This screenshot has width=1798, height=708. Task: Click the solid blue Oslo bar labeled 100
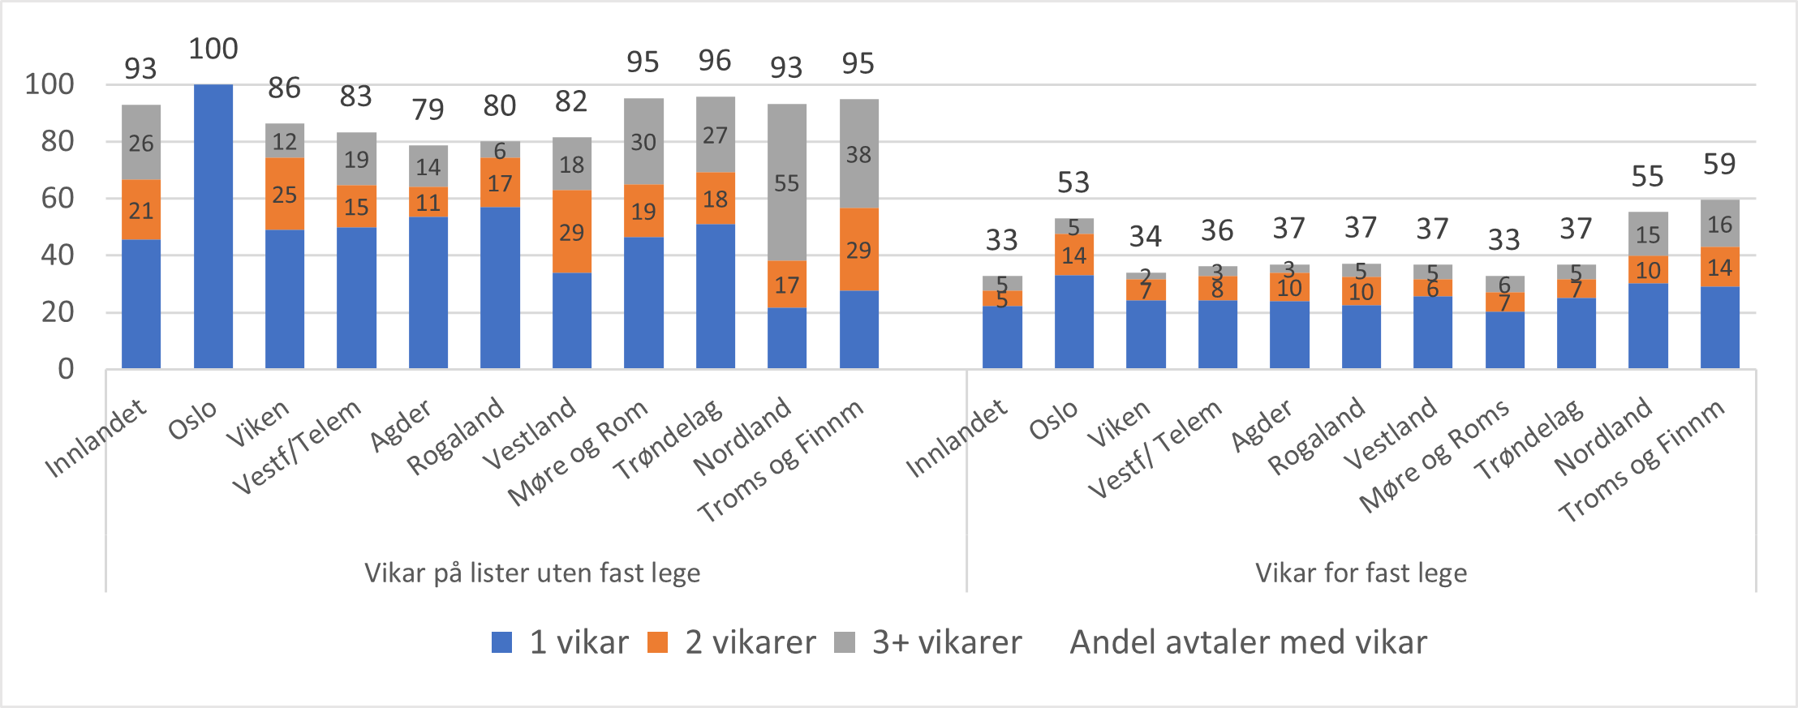click(x=213, y=227)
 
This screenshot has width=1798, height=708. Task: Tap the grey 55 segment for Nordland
click(x=786, y=182)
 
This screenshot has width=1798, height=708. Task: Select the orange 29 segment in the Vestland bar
click(x=571, y=232)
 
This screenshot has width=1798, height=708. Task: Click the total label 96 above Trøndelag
click(x=715, y=61)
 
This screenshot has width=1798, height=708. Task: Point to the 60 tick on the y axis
click(x=57, y=198)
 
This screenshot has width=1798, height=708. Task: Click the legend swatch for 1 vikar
click(x=502, y=642)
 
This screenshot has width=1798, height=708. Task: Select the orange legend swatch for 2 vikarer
click(x=657, y=642)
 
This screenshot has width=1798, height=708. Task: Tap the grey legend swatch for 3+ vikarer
click(x=845, y=642)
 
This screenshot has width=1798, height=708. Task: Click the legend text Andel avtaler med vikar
click(x=1248, y=642)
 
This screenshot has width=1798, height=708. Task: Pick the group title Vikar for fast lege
click(x=1361, y=573)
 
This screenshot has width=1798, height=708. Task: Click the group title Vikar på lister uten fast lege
click(x=532, y=573)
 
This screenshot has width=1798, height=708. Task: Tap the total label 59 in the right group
click(x=1719, y=165)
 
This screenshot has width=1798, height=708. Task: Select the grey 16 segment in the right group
click(x=1719, y=224)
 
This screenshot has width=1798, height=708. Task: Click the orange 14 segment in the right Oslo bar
click(x=1073, y=255)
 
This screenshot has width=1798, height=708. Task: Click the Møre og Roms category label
click(x=1435, y=455)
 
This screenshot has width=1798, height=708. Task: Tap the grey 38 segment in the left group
click(x=858, y=154)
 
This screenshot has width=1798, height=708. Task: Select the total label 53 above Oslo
click(x=1073, y=182)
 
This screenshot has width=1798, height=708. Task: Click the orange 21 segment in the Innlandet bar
click(x=140, y=210)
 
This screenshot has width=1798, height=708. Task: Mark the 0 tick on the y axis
click(x=66, y=369)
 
